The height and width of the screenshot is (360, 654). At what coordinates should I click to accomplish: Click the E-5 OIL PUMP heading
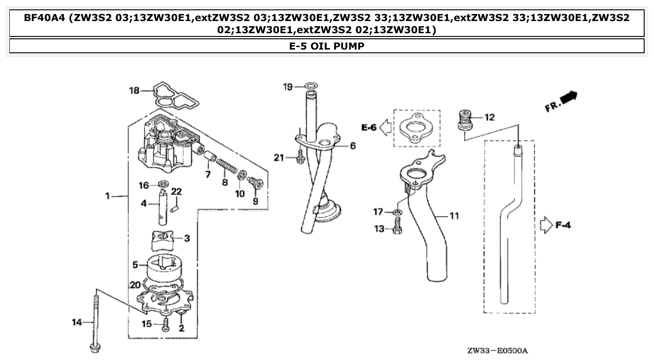click(327, 46)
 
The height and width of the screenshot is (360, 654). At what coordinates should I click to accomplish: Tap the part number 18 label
click(134, 90)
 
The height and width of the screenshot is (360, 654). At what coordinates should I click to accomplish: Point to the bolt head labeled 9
click(255, 182)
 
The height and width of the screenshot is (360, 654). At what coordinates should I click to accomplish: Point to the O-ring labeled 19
click(311, 86)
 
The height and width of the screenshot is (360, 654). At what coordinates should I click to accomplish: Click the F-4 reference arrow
click(546, 226)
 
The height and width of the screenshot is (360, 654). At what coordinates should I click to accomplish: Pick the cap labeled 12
click(465, 119)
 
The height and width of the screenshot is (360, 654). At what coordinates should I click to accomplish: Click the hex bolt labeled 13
click(396, 229)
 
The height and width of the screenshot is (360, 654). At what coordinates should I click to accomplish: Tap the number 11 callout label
click(454, 216)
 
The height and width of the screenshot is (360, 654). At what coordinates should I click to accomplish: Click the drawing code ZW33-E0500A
click(500, 350)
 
